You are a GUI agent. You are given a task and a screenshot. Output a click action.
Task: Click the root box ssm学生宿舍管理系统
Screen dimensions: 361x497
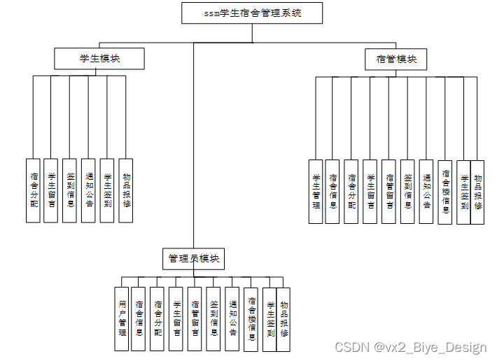252,13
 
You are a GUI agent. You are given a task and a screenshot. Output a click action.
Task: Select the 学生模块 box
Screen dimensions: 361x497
99,59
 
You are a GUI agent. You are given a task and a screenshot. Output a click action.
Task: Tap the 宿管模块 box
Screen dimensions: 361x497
396,59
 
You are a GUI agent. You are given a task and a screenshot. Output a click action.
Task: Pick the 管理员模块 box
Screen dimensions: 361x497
194,259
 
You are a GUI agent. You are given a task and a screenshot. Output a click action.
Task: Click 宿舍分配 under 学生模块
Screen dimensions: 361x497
33,190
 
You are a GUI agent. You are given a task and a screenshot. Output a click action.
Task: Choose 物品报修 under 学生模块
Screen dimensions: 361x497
126,190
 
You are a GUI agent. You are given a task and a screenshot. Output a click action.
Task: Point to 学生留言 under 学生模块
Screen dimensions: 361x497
51,190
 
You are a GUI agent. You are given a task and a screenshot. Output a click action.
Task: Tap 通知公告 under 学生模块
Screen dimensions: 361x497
88,190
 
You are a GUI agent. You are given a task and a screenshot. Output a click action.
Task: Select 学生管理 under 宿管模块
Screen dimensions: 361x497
316,192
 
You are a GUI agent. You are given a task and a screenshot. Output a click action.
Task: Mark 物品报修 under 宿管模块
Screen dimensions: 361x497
477,192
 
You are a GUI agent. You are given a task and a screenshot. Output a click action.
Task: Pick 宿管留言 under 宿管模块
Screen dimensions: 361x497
389,192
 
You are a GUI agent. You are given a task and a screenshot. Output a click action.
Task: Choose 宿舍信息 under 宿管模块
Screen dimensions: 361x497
333,192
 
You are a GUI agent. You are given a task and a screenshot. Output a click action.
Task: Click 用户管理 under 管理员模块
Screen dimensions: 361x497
122,319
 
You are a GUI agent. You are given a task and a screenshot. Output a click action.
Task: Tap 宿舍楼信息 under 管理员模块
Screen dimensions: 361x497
251,319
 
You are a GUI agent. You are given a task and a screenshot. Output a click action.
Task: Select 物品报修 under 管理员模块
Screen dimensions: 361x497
283,319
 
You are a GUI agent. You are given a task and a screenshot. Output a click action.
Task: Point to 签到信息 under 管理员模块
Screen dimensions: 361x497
213,319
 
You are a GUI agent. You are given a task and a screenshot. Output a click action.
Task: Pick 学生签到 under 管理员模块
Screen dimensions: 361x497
269,319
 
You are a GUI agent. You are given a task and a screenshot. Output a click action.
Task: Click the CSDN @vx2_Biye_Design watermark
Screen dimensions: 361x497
410,348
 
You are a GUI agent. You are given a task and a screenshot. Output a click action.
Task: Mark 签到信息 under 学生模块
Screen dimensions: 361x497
70,190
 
